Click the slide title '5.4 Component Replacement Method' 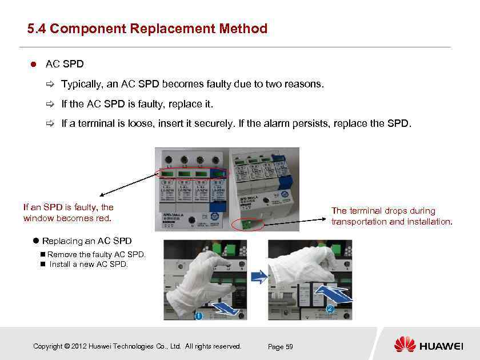point(147,29)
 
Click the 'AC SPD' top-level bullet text point(65,63)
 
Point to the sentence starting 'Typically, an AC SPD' point(192,84)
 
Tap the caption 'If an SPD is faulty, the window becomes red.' point(68,213)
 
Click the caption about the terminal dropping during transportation point(391,216)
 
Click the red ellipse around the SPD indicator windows point(193,173)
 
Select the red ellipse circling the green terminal point(249,223)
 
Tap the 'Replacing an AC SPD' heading point(86,241)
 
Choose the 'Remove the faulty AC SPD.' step point(97,254)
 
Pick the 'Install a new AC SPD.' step point(89,264)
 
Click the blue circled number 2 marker point(329,309)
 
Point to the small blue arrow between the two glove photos point(259,278)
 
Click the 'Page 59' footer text point(280,347)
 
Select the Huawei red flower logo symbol point(405,345)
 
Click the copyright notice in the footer point(137,346)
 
